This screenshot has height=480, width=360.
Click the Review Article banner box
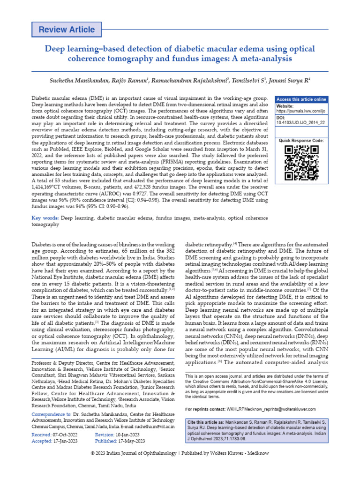click(x=67, y=30)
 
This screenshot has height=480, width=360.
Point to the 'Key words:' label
click(x=45, y=218)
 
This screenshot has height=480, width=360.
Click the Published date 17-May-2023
click(x=131, y=441)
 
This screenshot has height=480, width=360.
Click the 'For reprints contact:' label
click(x=208, y=409)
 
